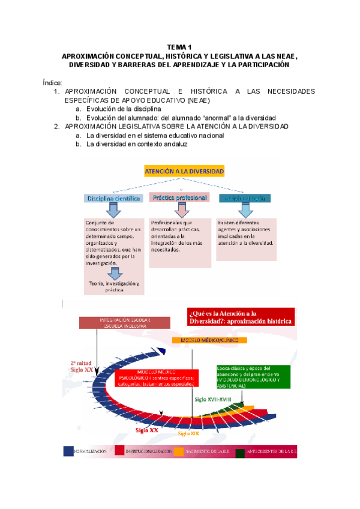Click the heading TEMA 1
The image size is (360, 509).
pos(179,47)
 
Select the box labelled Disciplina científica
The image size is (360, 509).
pos(113,197)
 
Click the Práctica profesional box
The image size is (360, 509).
pos(179,197)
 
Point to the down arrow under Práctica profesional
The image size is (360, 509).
pos(179,209)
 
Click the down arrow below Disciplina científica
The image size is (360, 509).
pos(113,209)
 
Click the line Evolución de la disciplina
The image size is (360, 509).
pos(123,109)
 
